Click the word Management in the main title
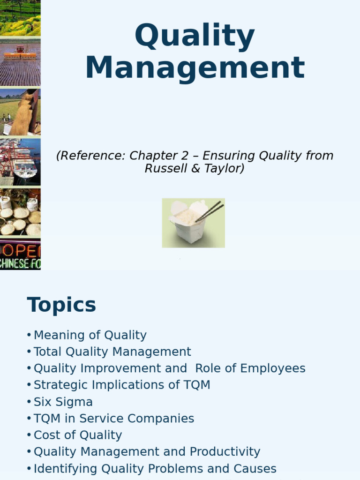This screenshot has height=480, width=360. tap(195, 68)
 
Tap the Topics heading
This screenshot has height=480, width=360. tap(61, 305)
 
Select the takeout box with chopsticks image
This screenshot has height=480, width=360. tap(193, 223)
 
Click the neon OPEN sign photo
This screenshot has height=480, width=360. tap(20, 255)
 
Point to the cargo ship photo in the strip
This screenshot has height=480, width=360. tap(20, 162)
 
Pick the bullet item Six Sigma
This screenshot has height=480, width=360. tap(63, 402)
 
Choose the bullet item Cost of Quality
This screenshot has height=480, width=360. tap(78, 435)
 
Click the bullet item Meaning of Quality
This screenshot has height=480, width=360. tap(90, 335)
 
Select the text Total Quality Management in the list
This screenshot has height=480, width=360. tap(112, 352)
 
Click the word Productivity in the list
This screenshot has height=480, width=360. tap(225, 452)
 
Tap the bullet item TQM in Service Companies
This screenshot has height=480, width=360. tap(114, 419)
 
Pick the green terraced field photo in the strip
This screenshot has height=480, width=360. tap(20, 18)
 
